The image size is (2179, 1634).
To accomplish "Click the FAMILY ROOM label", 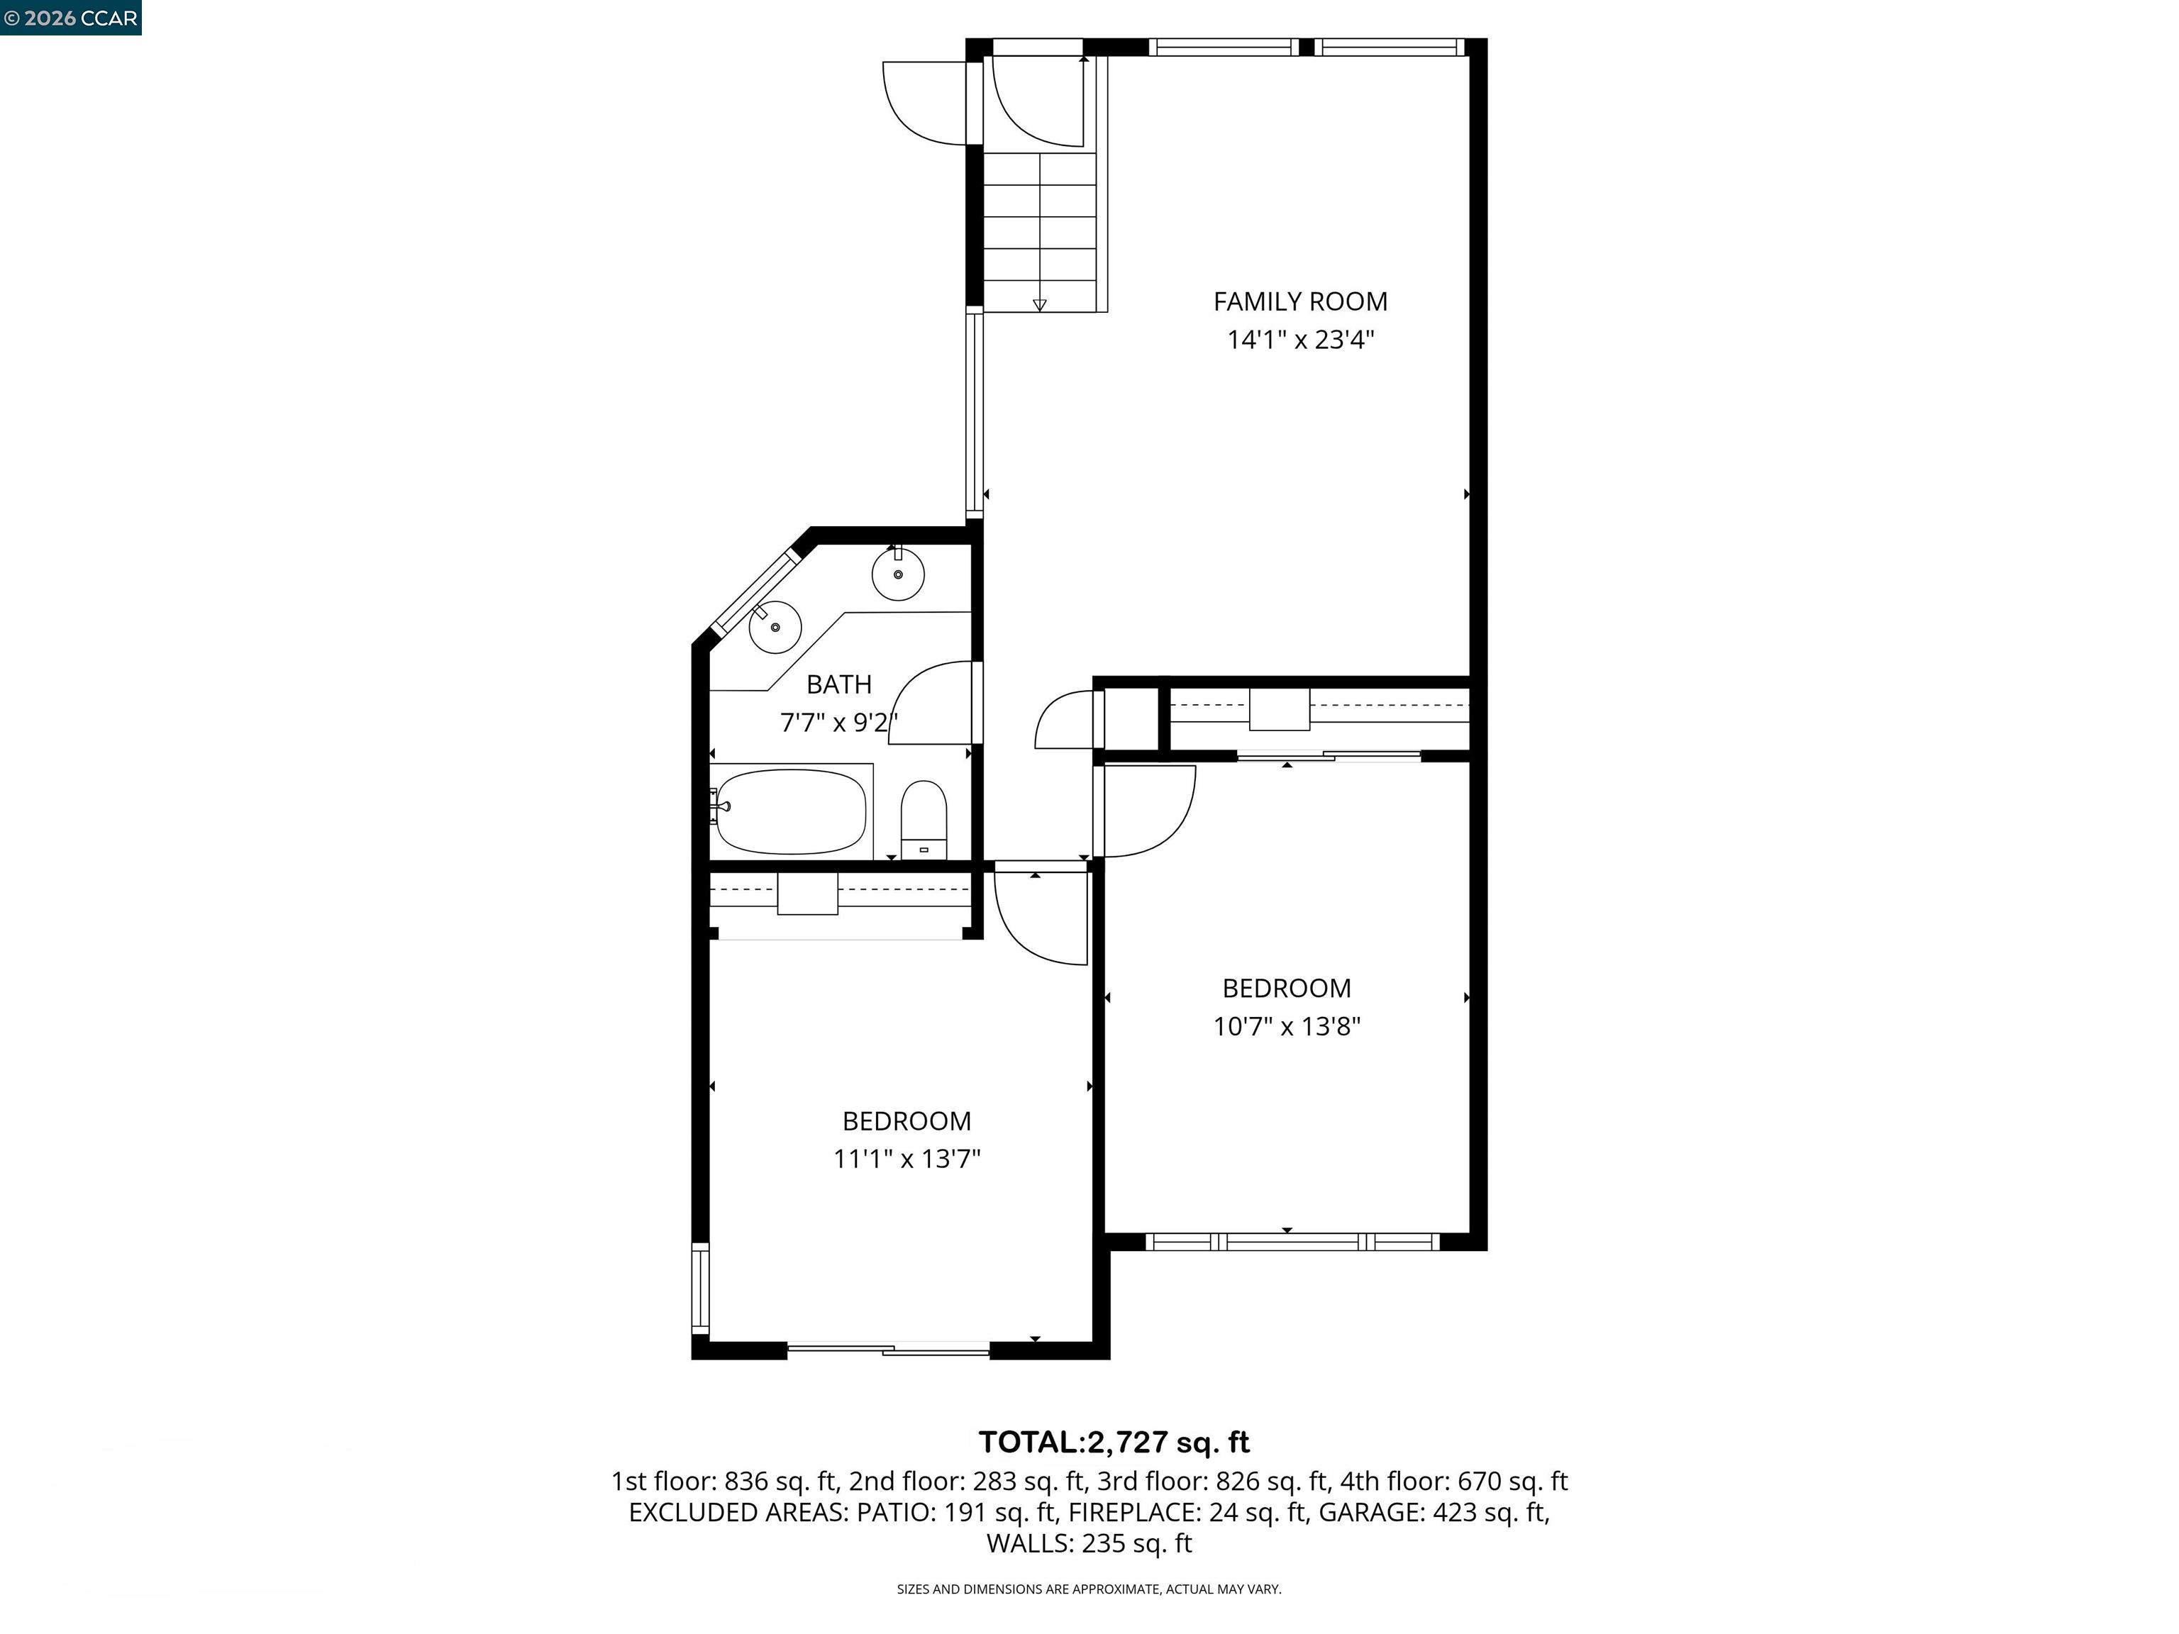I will (x=1299, y=301).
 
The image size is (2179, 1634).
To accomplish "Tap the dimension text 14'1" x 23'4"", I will (x=1299, y=340).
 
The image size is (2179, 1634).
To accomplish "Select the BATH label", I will (x=838, y=684).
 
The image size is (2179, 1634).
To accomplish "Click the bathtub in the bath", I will (x=790, y=811).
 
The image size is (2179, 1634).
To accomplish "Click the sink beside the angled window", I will (x=775, y=626).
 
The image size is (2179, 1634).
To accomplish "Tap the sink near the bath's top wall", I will (x=897, y=574).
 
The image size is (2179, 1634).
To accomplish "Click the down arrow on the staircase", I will (x=1039, y=304).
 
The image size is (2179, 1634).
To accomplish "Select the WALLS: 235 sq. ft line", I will (x=1089, y=1543).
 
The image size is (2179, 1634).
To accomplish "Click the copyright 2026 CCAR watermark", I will (x=70, y=18).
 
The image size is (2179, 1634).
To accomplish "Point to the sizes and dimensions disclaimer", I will (x=1089, y=1589).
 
